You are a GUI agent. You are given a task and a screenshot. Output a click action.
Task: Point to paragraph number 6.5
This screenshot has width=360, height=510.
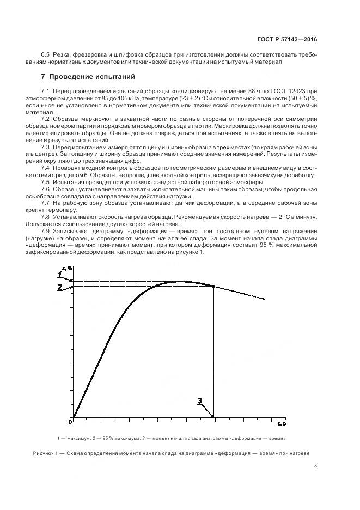[46, 55]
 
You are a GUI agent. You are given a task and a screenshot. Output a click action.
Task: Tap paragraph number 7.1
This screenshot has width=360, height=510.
[46, 89]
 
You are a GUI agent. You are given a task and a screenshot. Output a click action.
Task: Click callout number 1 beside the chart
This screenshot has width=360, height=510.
[60, 274]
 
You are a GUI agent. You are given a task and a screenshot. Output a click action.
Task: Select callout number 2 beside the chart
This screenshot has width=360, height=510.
[60, 287]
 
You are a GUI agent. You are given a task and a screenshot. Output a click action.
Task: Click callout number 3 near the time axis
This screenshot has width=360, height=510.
[200, 402]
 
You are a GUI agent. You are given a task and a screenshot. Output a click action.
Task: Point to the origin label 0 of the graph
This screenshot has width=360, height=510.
[70, 421]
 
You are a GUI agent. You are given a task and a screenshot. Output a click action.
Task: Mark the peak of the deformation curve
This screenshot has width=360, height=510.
[180, 281]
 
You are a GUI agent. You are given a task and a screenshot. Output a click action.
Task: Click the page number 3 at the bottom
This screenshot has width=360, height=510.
[315, 466]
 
